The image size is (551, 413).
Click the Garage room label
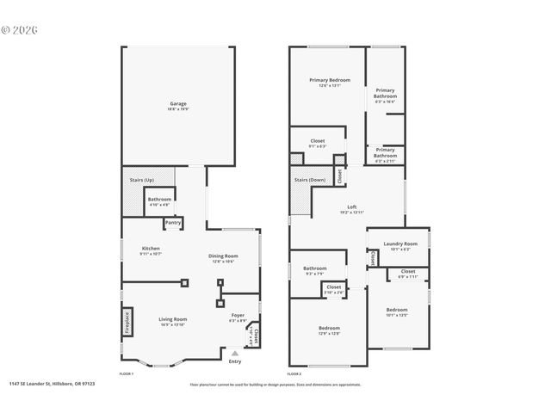click(x=177, y=103)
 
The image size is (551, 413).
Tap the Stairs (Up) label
click(x=142, y=180)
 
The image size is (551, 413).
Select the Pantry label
click(x=173, y=223)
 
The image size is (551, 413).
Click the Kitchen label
click(x=151, y=248)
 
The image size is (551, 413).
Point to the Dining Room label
click(x=222, y=256)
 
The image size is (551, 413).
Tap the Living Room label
click(x=173, y=318)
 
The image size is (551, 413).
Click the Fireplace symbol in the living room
click(x=127, y=321)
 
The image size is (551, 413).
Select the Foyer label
click(x=238, y=315)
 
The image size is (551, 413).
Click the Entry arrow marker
click(x=234, y=353)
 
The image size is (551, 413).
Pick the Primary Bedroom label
click(x=329, y=80)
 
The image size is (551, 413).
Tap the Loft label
click(x=352, y=206)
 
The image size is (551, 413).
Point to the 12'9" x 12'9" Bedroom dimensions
click(x=329, y=333)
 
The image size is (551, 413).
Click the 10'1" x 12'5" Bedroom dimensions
click(x=397, y=315)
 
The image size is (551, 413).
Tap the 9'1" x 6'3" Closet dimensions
click(x=317, y=146)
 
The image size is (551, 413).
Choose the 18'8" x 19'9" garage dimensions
click(x=177, y=109)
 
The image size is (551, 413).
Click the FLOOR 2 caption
click(x=294, y=374)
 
